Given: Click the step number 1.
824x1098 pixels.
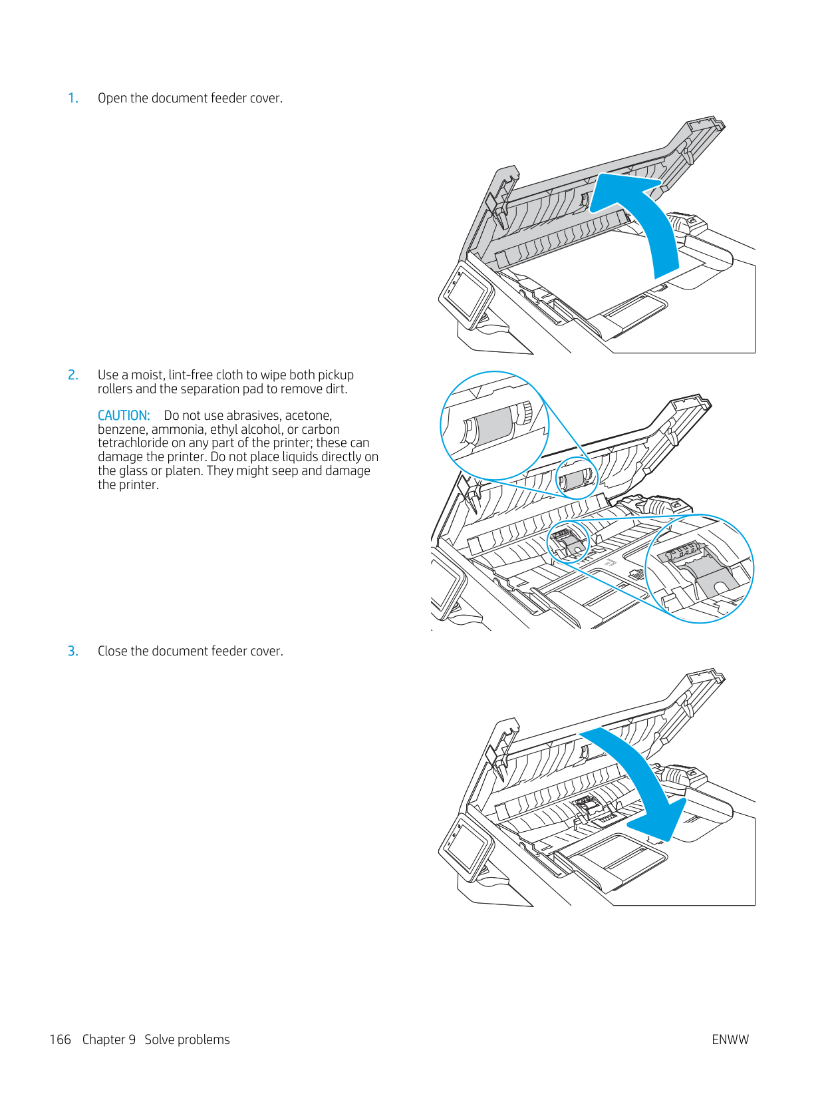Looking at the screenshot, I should tap(73, 98).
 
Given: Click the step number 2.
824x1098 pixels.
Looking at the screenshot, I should tap(73, 375).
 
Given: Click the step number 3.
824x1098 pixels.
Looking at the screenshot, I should tap(73, 651).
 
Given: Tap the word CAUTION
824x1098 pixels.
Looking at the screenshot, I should tap(124, 416).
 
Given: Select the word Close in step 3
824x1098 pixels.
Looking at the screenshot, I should tap(113, 651).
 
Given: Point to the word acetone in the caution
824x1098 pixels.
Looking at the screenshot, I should tap(308, 416).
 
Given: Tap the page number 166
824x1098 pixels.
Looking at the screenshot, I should tap(60, 1040).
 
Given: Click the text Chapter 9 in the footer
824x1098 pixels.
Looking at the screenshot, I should tap(109, 1040).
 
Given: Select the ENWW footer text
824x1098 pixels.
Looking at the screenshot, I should tap(730, 1040).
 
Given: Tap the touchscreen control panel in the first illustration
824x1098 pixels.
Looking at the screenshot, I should tap(465, 293).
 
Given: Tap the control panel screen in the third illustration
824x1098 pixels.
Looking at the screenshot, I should tap(465, 845).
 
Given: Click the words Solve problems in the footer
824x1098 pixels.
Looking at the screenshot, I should tap(187, 1040).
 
